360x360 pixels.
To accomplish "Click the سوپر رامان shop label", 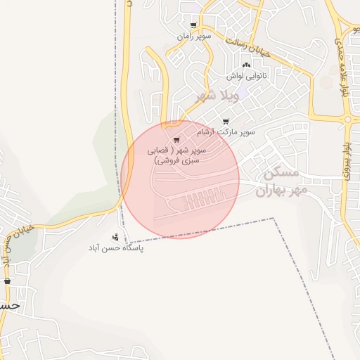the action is point(193,35).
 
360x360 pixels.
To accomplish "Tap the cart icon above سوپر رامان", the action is point(193,25).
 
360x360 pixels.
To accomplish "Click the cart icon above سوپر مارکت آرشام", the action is point(225,122).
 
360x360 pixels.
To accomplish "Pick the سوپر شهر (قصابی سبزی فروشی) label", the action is point(176,155).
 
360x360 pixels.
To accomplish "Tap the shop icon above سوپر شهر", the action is point(176,139).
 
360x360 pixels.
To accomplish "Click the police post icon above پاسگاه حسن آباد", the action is point(115,237).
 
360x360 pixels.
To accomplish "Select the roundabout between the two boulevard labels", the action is point(348,120).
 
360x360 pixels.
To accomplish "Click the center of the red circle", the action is point(180,179).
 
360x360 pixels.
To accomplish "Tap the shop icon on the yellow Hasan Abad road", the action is point(8,281).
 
